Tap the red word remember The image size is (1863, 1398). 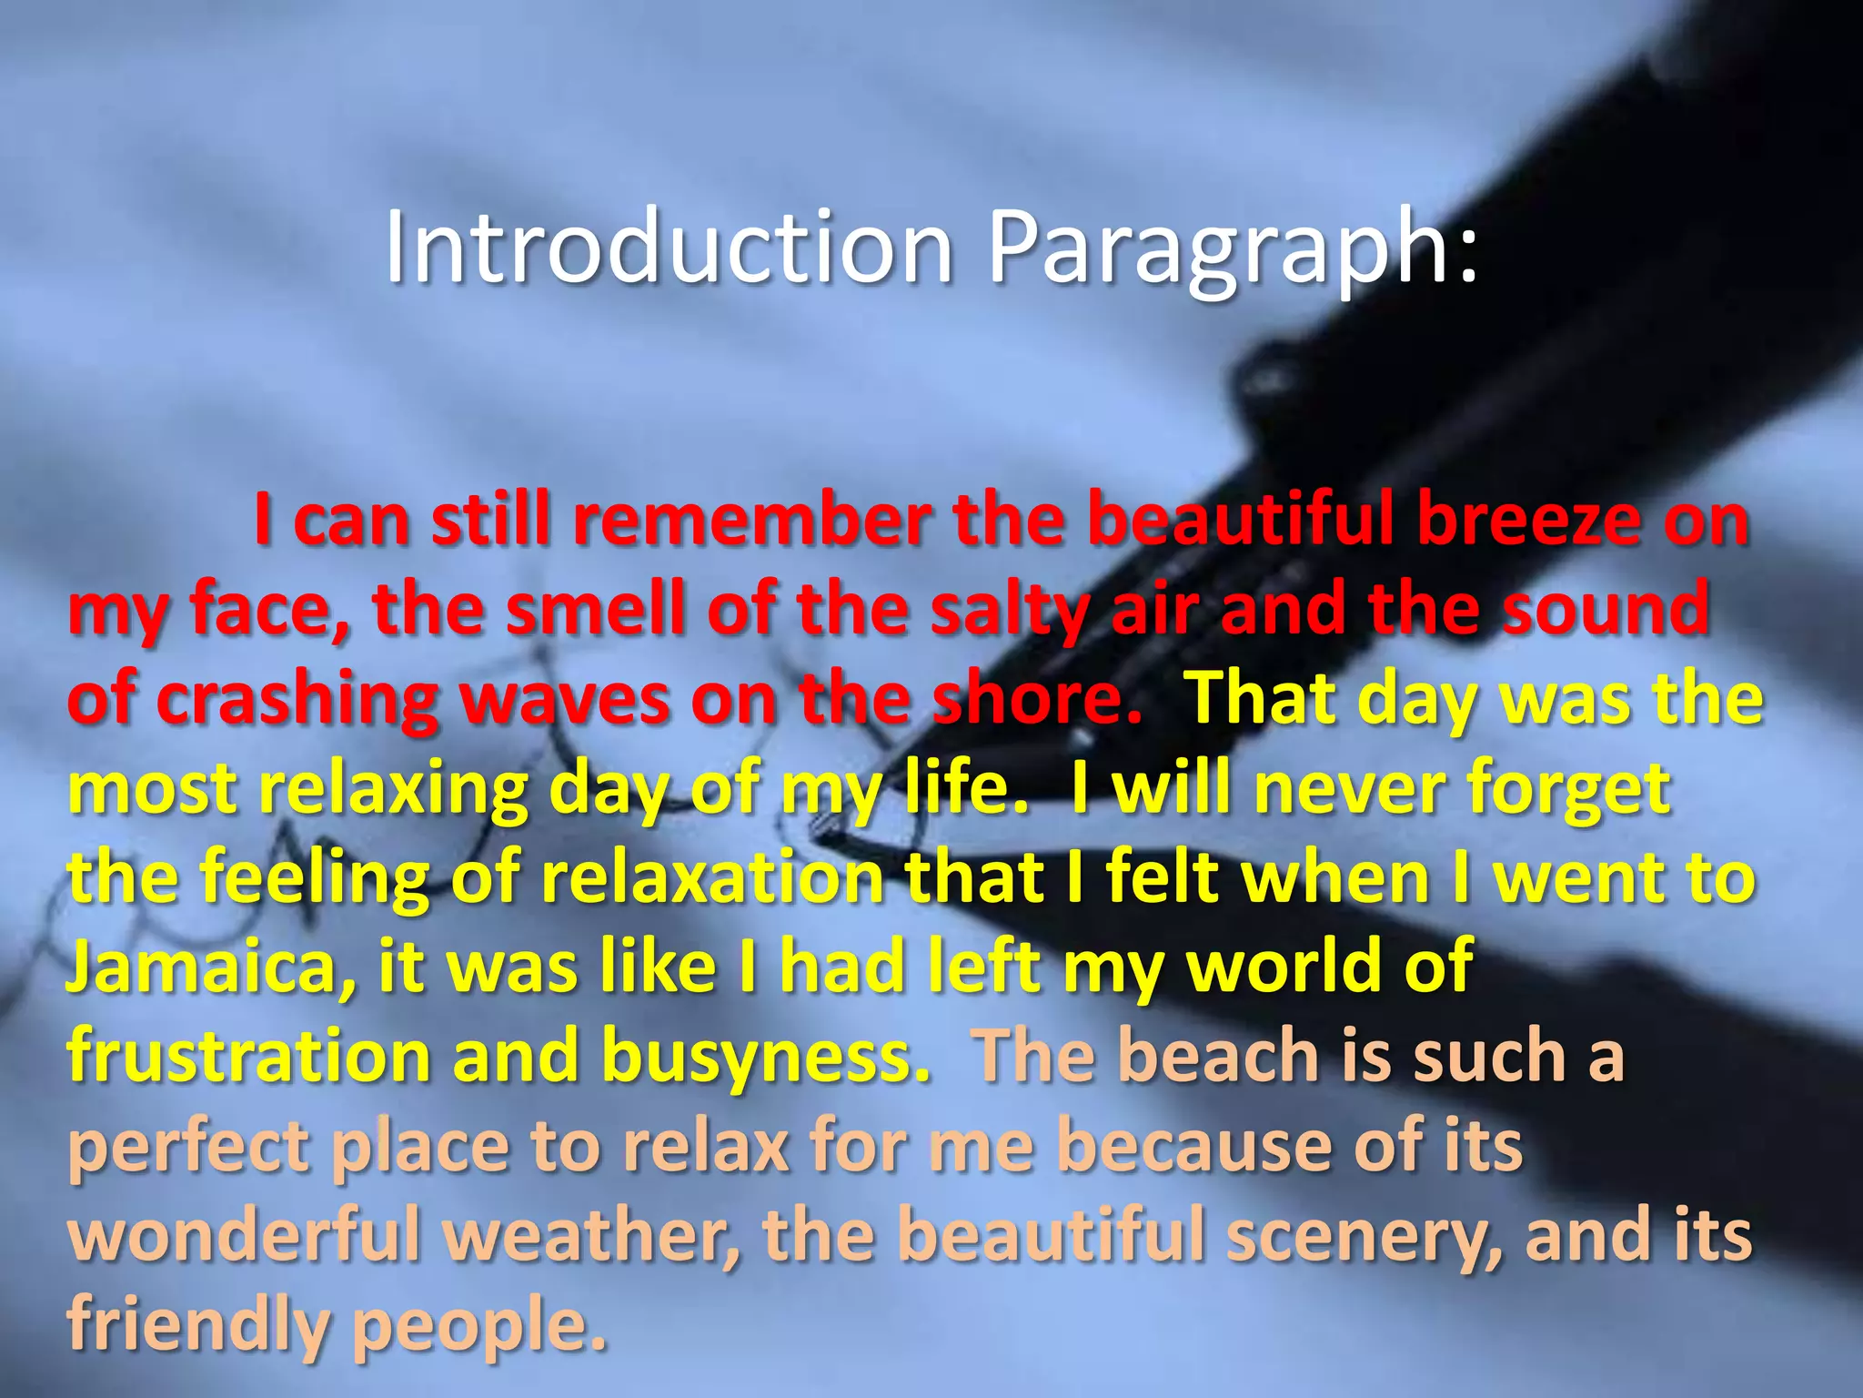(x=753, y=522)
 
